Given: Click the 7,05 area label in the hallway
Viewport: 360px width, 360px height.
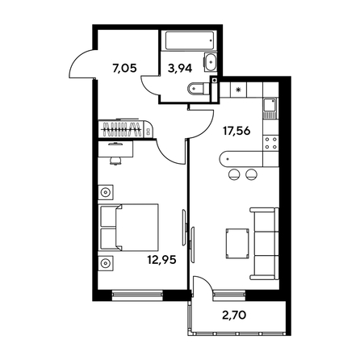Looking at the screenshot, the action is (x=124, y=69).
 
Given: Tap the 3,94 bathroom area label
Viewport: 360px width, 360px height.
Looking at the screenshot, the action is (x=180, y=69).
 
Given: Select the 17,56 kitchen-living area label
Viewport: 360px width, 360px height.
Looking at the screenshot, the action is (x=237, y=131).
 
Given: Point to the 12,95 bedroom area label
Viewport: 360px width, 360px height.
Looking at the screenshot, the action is (x=161, y=260).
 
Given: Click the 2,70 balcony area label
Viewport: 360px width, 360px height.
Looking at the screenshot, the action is (x=234, y=315).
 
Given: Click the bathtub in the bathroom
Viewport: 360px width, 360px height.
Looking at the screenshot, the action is (x=190, y=40).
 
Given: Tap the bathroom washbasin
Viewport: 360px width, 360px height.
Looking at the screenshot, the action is (x=210, y=62).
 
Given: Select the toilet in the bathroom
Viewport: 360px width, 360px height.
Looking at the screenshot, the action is (x=199, y=89).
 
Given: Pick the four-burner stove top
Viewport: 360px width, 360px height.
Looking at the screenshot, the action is (x=271, y=143).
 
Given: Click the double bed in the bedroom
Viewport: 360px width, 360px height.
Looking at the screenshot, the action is (x=128, y=228).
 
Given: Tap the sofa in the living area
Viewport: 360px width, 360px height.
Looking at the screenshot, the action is (x=264, y=244).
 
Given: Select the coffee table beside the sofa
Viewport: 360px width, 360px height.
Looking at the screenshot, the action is (x=237, y=244).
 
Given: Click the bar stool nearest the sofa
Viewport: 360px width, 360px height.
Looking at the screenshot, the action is (x=252, y=174).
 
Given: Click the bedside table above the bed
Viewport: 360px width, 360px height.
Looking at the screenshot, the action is (x=106, y=192).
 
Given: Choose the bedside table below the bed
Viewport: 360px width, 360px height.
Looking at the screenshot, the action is (x=106, y=263).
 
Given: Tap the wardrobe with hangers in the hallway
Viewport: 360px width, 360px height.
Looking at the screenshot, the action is (x=126, y=128).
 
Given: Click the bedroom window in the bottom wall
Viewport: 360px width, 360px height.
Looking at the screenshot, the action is (x=137, y=295).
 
